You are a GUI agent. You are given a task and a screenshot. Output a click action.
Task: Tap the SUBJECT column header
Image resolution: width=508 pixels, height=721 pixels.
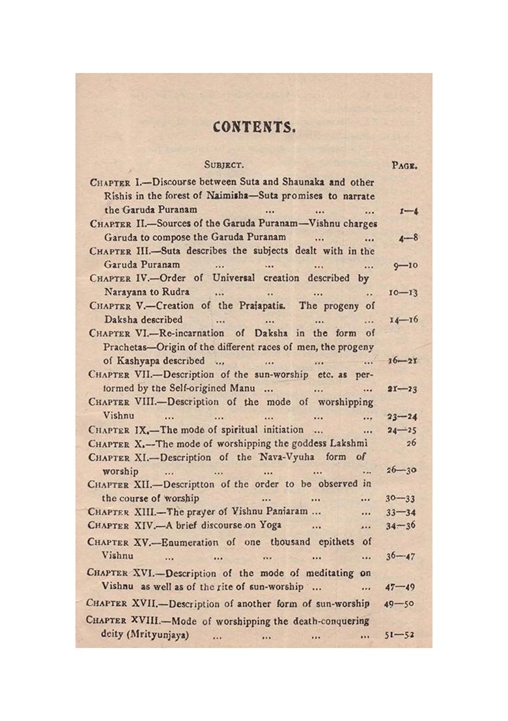point(223,165)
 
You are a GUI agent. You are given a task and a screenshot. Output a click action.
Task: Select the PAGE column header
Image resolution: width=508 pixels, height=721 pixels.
point(404,165)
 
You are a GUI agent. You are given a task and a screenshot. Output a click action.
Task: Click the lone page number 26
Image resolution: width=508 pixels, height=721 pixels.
point(411,443)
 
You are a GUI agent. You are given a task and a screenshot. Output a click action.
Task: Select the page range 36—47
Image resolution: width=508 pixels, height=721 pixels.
point(401,556)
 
